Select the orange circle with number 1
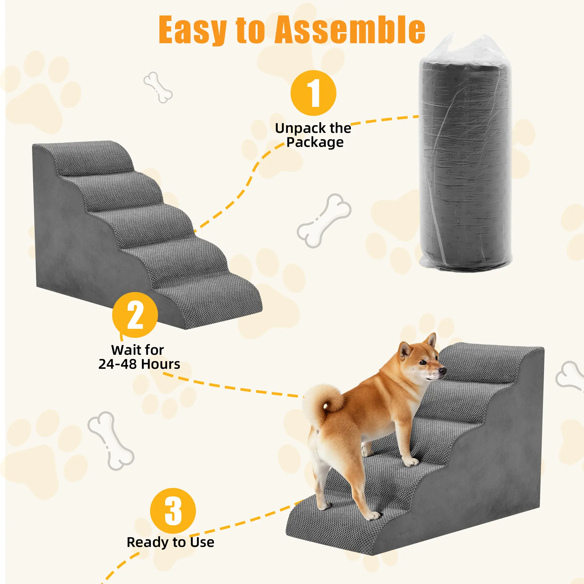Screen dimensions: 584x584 click(313, 93)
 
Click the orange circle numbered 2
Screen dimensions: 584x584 click(135, 315)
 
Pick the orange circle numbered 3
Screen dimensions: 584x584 click(173, 511)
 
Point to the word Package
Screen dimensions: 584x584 click(315, 142)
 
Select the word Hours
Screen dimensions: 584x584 click(161, 364)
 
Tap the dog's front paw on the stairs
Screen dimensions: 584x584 click(412, 462)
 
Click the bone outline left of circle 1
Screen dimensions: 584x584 click(158, 87)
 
